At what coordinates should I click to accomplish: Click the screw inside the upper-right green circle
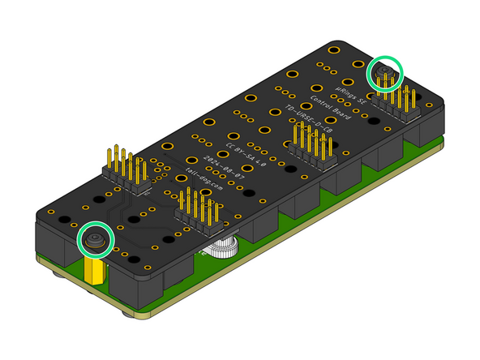[x=385, y=74]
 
